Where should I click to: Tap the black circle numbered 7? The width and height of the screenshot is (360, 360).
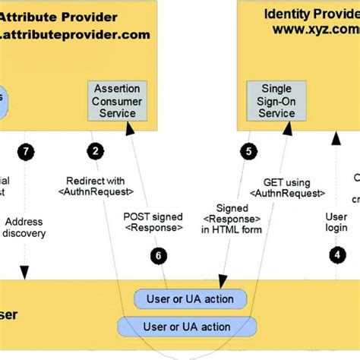(x=27, y=151)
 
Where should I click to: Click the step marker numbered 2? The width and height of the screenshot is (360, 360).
(x=95, y=151)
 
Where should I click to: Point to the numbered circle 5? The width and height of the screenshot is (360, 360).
(x=248, y=151)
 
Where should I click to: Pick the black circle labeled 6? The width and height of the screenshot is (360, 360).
(x=158, y=255)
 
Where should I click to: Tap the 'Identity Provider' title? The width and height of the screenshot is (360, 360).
(x=311, y=14)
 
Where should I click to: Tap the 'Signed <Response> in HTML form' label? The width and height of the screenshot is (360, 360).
(x=232, y=219)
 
